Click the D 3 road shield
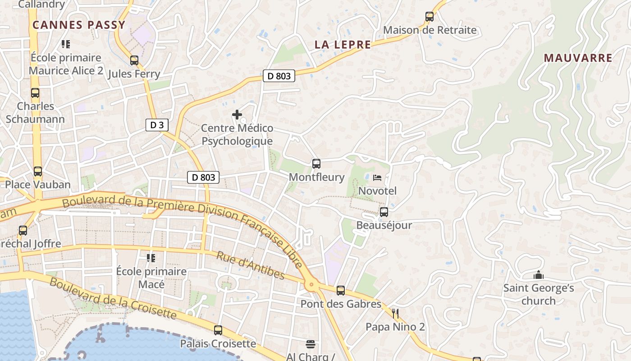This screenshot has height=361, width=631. pos(157,125)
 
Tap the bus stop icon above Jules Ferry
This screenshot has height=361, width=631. pos(134,60)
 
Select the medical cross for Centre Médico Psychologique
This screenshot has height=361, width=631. pos(237,115)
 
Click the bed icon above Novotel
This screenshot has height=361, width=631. pos(377,177)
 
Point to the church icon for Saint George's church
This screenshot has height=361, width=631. pos(538,275)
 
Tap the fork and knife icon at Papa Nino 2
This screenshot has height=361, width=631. pos(395,313)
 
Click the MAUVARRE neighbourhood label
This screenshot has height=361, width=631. pos(578,58)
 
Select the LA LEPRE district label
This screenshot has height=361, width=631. pos(343,45)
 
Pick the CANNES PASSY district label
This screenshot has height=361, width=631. pos(78,25)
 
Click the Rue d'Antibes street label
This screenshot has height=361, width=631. pos(251,265)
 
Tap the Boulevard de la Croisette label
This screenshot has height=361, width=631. pos(113,298)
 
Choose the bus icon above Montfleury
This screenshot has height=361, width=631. pos(316,163)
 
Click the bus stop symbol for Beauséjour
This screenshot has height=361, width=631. pos(384,212)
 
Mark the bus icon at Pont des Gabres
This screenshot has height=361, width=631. pos(341,290)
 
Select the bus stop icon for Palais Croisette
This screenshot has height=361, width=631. pos(218,330)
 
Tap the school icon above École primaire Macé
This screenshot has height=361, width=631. pos(151,258)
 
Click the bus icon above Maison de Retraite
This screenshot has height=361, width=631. pos(430,17)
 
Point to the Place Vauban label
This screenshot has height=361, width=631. pos(38,185)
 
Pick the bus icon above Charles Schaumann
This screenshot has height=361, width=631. pos(35,93)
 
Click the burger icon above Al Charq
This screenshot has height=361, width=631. pos(310,344)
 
